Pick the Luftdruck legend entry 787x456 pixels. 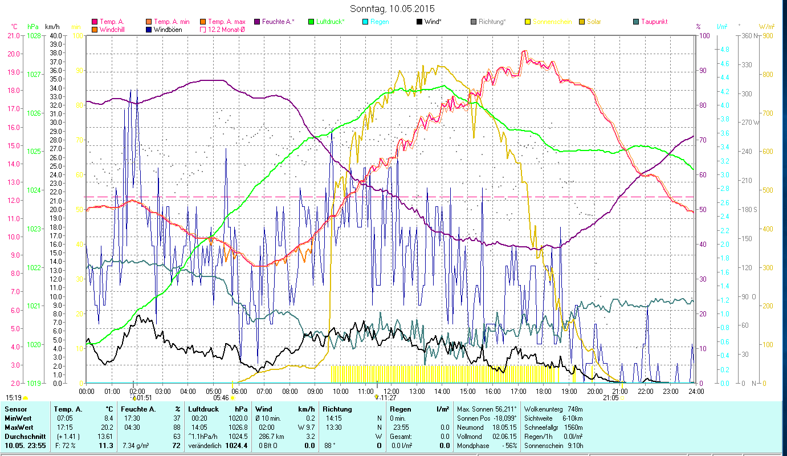pyautogui.click(x=330, y=22)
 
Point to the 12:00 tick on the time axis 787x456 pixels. pyautogui.click(x=391, y=391)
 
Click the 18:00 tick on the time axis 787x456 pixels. pyautogui.click(x=544, y=391)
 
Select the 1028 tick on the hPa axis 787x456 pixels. pyautogui.click(x=34, y=36)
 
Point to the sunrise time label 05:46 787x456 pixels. pyautogui.click(x=221, y=398)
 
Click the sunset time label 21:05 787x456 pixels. pyautogui.click(x=610, y=398)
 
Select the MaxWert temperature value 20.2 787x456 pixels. pyautogui.click(x=108, y=427)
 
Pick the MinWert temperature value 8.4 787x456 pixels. pyautogui.click(x=108, y=418)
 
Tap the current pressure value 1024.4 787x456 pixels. pyautogui.click(x=240, y=445)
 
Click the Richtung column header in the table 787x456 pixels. pyautogui.click(x=337, y=409)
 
